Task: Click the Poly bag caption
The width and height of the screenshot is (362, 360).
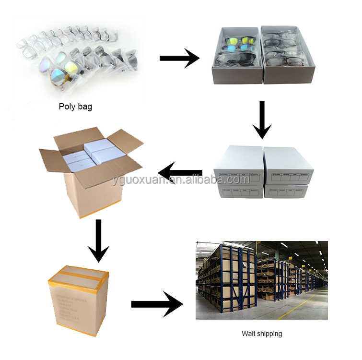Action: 75,107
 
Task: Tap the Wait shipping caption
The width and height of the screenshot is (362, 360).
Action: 261,333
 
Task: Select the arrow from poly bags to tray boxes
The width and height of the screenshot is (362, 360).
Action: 179,59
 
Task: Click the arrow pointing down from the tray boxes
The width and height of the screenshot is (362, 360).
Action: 262,120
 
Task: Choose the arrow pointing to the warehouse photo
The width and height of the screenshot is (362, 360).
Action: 157,304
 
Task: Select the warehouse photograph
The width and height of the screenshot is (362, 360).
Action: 261,280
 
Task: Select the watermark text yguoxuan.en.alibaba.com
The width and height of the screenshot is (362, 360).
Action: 181,180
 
